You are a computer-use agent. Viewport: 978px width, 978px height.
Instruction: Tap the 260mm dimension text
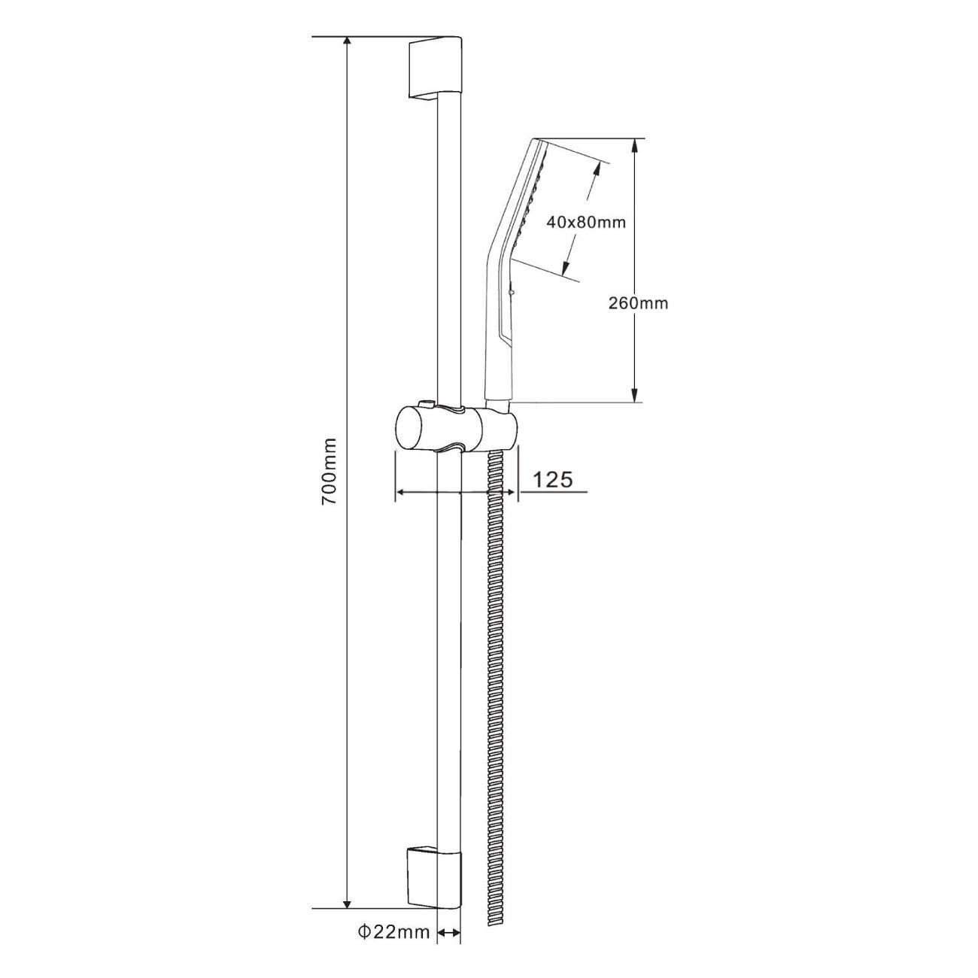tap(638, 303)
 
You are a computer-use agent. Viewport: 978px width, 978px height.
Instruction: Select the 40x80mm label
tap(586, 222)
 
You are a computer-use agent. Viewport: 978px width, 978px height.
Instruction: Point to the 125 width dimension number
tap(553, 479)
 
